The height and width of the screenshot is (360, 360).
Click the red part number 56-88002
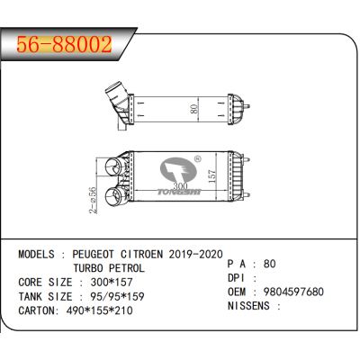(x=64, y=45)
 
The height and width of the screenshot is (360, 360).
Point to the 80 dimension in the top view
(x=194, y=109)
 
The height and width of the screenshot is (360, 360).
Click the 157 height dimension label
(x=211, y=176)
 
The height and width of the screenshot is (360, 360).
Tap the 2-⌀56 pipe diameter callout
(x=93, y=200)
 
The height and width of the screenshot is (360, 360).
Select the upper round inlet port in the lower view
(x=113, y=166)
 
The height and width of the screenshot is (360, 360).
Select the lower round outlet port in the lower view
(x=114, y=197)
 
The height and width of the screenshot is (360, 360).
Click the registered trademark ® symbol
(x=198, y=158)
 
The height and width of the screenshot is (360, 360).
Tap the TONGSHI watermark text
(x=179, y=192)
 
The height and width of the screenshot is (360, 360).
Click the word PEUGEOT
(x=93, y=255)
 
